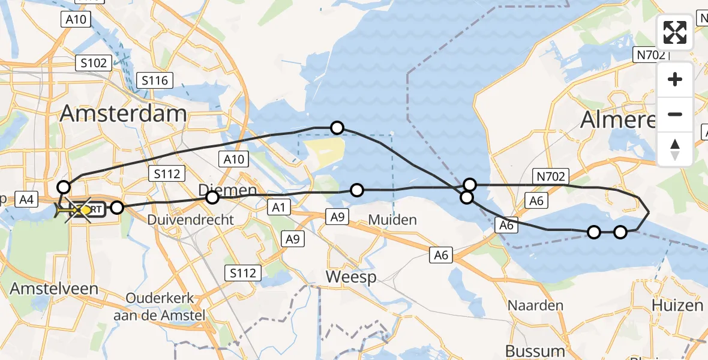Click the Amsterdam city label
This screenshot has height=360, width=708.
(124, 113)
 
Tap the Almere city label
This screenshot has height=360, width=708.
(618, 121)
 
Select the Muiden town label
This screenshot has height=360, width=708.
(392, 220)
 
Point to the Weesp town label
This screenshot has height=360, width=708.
(350, 277)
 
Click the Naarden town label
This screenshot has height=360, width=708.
(536, 305)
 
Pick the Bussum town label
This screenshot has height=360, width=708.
(536, 350)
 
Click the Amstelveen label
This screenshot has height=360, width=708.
(54, 289)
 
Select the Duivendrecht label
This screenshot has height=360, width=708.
(189, 220)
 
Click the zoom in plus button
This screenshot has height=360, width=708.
(675, 79)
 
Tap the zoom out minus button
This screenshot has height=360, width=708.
(675, 114)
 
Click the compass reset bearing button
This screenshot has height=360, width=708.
(675, 149)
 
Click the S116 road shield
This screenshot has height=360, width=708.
(155, 80)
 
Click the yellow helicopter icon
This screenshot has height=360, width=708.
(67, 211)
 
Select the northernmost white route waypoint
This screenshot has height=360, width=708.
(337, 127)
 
